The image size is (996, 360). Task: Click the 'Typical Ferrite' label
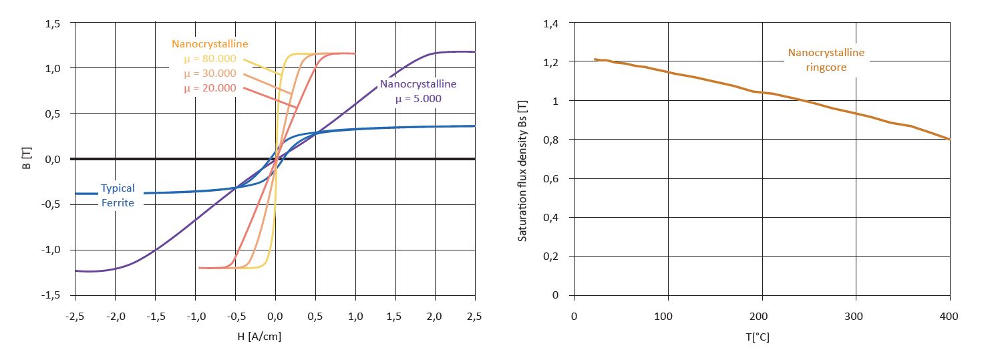tap(118, 195)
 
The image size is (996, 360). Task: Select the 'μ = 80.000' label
tap(210, 59)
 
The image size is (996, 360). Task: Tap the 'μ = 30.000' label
tap(210, 73)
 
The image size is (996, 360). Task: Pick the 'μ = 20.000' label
tap(210, 88)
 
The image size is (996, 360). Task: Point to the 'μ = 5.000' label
tap(418, 98)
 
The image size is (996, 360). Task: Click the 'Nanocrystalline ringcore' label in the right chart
tap(826, 59)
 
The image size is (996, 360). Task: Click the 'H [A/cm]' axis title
tap(259, 337)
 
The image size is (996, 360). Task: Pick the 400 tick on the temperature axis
tap(949, 315)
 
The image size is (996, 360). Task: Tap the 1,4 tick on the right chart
tap(550, 23)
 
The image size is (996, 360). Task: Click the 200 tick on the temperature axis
tap(762, 315)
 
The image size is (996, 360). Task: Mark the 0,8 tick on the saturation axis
tap(550, 140)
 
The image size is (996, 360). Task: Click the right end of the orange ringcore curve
tap(949, 139)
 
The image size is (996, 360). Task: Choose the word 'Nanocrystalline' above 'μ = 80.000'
tap(210, 44)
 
